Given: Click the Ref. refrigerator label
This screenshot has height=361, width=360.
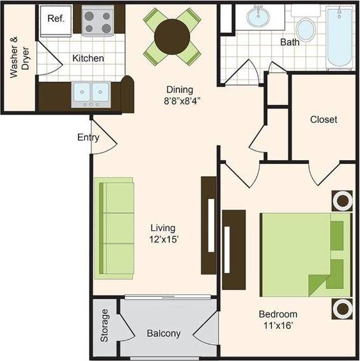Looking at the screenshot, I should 55,18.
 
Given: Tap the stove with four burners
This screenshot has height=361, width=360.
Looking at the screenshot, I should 97,21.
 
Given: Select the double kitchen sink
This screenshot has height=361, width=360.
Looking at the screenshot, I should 90,93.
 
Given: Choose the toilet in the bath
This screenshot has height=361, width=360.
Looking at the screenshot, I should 306,27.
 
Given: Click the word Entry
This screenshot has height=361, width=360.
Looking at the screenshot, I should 88,137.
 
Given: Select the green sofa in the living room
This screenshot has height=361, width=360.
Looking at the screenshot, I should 115,228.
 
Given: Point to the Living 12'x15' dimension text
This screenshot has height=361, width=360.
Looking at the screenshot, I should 163,234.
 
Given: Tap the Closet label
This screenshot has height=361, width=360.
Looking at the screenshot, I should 323,120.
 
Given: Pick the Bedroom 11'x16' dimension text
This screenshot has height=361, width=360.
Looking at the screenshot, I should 278,319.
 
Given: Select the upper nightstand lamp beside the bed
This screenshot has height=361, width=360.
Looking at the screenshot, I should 342,201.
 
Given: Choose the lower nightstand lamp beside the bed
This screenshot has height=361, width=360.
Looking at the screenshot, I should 342,309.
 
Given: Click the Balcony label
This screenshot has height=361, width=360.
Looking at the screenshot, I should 164,333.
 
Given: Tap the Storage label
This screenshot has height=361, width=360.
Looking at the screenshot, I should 106,326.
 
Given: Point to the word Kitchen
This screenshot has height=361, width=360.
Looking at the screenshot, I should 88,58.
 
